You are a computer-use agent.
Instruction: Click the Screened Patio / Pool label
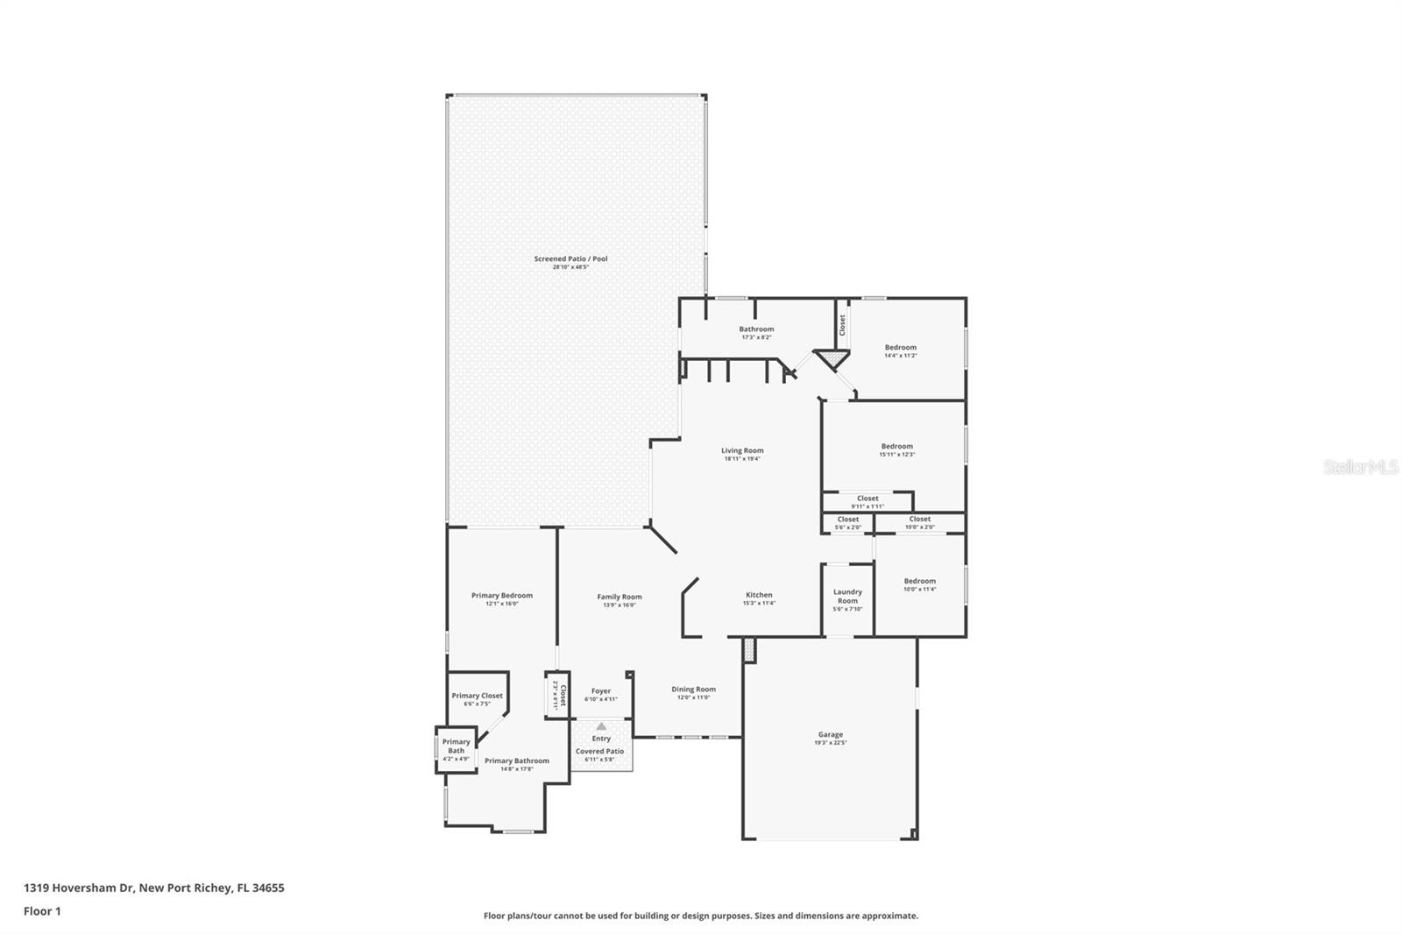[570, 258]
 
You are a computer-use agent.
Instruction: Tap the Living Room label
[742, 450]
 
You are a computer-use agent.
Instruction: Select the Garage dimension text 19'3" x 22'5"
[830, 743]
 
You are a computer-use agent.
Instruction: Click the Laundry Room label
[847, 597]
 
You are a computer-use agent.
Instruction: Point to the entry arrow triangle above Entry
[601, 726]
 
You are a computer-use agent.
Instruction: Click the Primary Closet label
[478, 696]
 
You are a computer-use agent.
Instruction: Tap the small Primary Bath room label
[456, 746]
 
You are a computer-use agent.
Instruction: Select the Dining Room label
[693, 690]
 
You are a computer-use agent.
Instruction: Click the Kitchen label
[759, 595]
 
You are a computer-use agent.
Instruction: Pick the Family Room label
[620, 597]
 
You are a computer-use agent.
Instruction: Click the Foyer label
[601, 691]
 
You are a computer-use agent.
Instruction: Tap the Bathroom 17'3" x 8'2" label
[756, 329]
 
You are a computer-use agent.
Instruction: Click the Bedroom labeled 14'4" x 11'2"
[900, 348]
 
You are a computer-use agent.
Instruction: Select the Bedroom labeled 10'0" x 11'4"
[919, 581]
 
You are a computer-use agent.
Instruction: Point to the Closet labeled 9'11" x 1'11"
[867, 499]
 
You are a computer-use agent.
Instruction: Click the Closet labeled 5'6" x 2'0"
[847, 520]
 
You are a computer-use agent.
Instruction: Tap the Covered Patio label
[599, 752]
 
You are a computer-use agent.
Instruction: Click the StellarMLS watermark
[1360, 468]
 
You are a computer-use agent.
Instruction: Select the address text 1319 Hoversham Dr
[79, 888]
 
